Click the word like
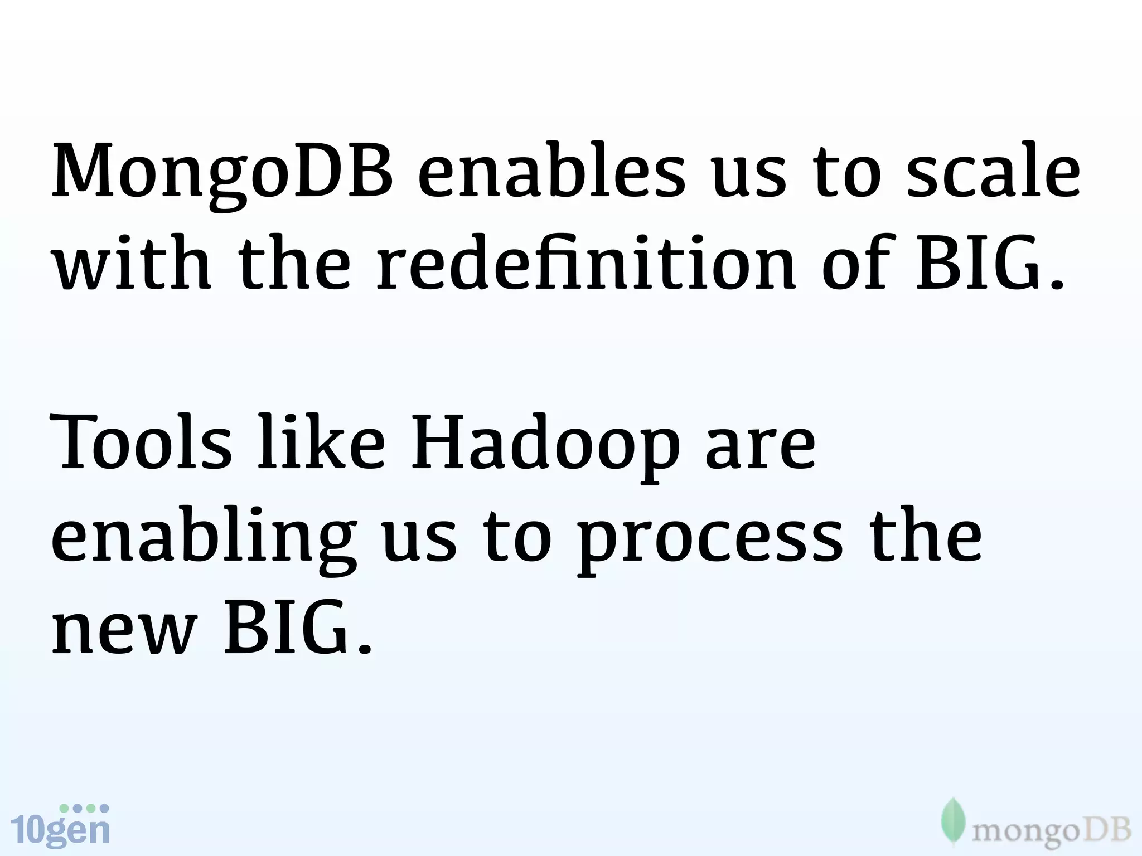(321, 444)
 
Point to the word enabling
(204, 537)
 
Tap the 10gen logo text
(60, 830)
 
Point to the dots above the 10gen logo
(84, 808)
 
